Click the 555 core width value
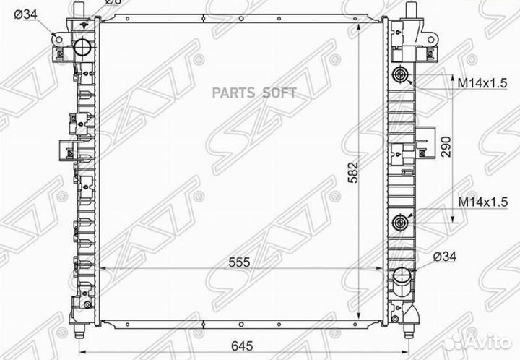pyautogui.click(x=239, y=262)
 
